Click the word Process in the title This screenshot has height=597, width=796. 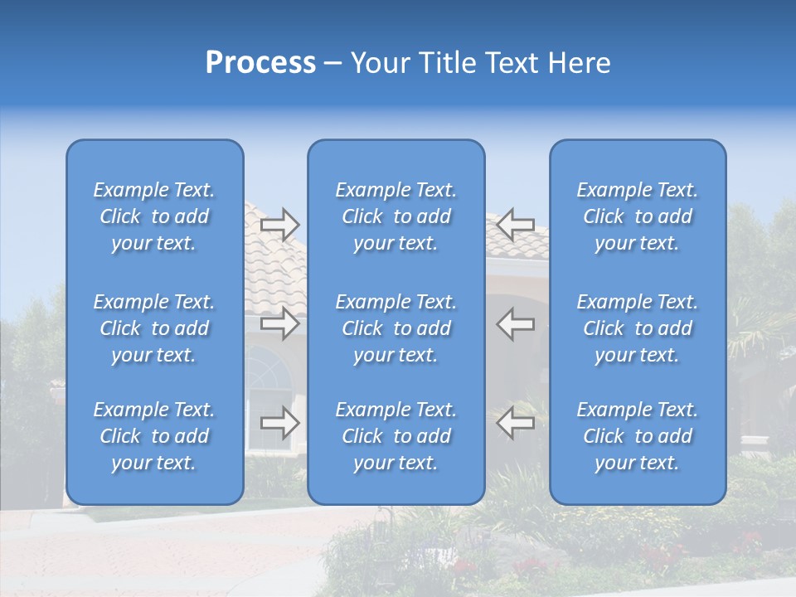[x=260, y=63]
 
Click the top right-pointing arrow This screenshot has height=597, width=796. [x=279, y=225]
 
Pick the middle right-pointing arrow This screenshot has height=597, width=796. [x=279, y=323]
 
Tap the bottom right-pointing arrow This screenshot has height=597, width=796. [x=279, y=423]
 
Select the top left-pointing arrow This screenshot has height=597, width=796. [x=515, y=225]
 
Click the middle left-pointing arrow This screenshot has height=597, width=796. [x=515, y=323]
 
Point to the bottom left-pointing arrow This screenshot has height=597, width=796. [x=515, y=423]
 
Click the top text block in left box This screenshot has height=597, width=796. [x=154, y=216]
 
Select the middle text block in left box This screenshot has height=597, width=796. [x=154, y=328]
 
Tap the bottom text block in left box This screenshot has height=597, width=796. [x=154, y=436]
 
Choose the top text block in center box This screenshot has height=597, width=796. [x=396, y=216]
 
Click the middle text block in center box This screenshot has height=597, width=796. [x=396, y=328]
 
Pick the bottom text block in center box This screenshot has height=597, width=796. [x=396, y=436]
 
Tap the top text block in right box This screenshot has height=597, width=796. [x=638, y=216]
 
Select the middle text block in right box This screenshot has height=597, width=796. [x=638, y=328]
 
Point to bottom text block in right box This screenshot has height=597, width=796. [x=638, y=436]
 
